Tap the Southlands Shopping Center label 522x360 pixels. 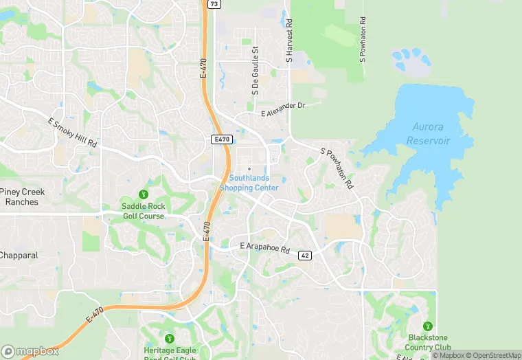coord(249,183)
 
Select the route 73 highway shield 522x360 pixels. coord(214,4)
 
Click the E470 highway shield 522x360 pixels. coord(221,139)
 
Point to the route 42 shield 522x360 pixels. coord(306,255)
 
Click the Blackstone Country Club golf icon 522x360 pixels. coord(428,326)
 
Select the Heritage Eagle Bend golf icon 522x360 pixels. coord(170,330)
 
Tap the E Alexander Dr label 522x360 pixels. coord(282,109)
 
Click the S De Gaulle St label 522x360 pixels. coord(255,71)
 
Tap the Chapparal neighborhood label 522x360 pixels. coord(19,255)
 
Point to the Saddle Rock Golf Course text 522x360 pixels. coord(143,211)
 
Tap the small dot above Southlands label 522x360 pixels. coord(249,169)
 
